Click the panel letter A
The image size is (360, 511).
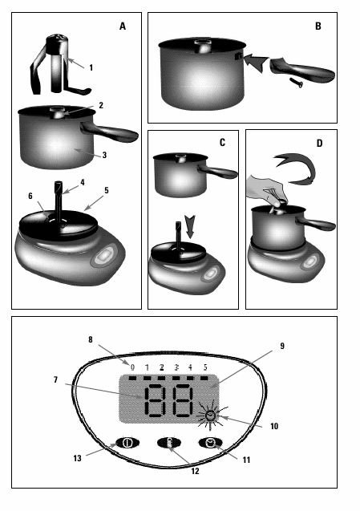pyautogui.click(x=123, y=26)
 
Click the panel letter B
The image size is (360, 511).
pyautogui.click(x=318, y=26)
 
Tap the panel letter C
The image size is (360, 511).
pyautogui.click(x=222, y=143)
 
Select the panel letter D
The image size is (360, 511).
pyautogui.click(x=319, y=144)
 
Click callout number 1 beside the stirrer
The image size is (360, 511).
pyautogui.click(x=91, y=67)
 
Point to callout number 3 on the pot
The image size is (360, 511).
pyautogui.click(x=104, y=155)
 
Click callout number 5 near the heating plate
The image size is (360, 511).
pyautogui.click(x=107, y=190)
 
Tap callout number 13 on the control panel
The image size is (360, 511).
pyautogui.click(x=77, y=458)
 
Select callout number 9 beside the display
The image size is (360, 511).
pyautogui.click(x=282, y=346)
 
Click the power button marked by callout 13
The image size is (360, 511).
pyautogui.click(x=127, y=443)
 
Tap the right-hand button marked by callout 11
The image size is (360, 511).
pyautogui.click(x=210, y=443)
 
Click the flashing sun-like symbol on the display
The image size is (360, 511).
pyautogui.click(x=211, y=416)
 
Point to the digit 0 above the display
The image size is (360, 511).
pyautogui.click(x=132, y=367)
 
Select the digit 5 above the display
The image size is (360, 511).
pyautogui.click(x=205, y=367)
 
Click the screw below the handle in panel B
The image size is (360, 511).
pyautogui.click(x=296, y=83)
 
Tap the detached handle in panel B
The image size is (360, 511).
pyautogui.click(x=302, y=69)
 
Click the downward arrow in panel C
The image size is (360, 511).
pyautogui.click(x=189, y=226)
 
